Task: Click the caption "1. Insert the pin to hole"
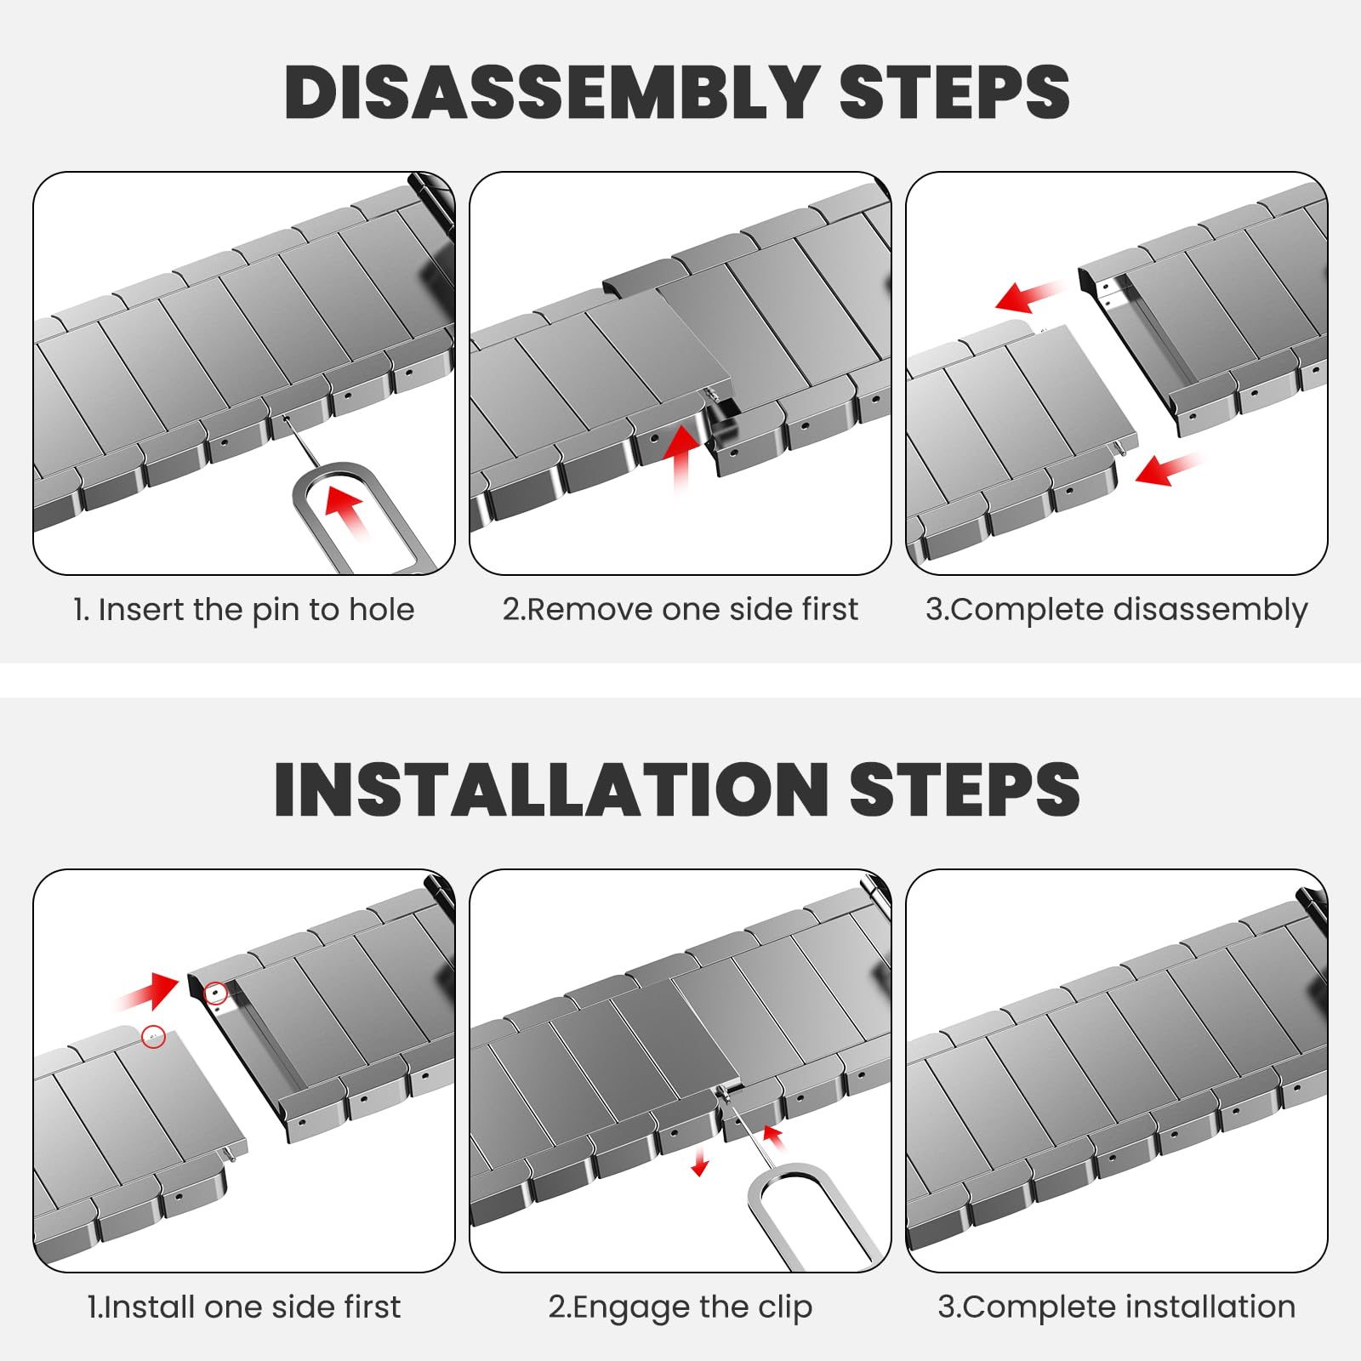[244, 610]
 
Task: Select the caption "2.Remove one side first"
[680, 610]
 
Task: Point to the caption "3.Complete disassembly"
[1116, 611]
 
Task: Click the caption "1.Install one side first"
[244, 1307]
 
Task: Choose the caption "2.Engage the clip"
[680, 1307]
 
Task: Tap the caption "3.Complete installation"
[1116, 1307]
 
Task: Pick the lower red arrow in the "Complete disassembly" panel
[1169, 467]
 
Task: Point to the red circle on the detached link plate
[154, 1037]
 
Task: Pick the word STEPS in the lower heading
[965, 789]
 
